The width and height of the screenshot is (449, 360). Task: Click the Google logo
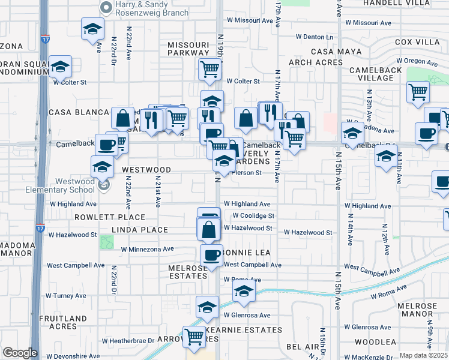click(19, 353)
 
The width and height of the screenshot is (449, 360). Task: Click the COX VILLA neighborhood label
click(418, 42)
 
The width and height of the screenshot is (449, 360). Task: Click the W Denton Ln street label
click(314, 37)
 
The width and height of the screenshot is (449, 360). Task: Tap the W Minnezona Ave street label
click(146, 249)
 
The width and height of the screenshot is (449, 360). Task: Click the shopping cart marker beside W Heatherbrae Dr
click(194, 337)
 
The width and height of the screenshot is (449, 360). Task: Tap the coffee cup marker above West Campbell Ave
click(211, 255)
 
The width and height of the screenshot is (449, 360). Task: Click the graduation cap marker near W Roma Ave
click(244, 292)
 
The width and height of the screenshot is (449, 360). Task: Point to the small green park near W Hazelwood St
click(107, 242)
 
